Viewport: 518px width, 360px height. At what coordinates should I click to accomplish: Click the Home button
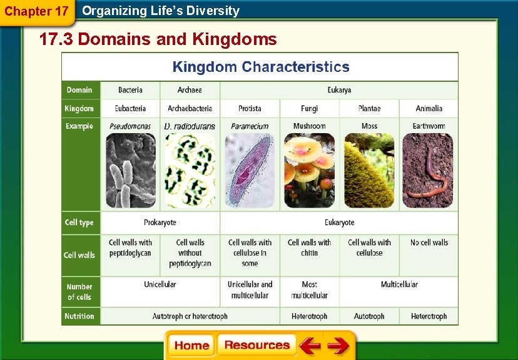coord(191,346)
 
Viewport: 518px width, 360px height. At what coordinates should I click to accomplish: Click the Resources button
coord(256,346)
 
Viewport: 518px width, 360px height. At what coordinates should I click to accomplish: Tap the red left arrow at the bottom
coord(309,346)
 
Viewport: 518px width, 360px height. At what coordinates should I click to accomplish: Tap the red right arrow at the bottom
coord(338,346)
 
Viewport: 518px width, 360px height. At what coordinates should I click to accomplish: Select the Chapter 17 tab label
coord(36,11)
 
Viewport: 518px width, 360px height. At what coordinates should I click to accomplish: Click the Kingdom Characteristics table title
coord(260,67)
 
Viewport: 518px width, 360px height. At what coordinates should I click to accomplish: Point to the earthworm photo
coord(429,171)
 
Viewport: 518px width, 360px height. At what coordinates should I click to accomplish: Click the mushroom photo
coord(309,171)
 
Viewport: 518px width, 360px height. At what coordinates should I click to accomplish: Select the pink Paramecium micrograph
coord(250,171)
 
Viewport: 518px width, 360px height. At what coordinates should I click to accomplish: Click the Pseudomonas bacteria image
coord(130,171)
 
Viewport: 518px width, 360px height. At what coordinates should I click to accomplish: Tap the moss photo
coord(369,171)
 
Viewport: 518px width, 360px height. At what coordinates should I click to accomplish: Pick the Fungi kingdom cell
coord(309,108)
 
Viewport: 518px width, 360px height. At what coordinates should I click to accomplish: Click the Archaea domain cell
coord(190,90)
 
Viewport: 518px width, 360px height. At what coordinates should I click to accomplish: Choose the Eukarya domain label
coord(339,90)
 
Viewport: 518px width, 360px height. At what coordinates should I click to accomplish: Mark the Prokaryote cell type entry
coord(160,222)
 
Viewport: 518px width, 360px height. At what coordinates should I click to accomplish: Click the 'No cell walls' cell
coord(429,242)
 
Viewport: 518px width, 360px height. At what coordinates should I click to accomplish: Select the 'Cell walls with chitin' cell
coord(309,247)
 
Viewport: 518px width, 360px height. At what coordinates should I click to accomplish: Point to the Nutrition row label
coord(79,316)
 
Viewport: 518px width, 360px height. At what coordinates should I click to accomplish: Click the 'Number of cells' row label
coord(79,292)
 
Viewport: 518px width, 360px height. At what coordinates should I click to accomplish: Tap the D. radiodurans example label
coord(190,126)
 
